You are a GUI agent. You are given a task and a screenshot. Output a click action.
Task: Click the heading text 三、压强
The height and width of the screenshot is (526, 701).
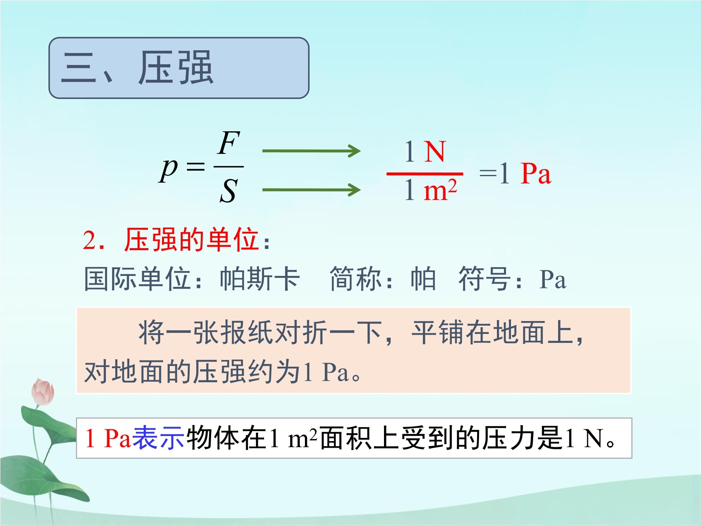137,68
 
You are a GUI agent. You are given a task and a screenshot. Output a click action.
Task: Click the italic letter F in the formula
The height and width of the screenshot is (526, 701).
229,143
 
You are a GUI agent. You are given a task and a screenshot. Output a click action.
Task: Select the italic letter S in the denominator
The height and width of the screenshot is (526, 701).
229,191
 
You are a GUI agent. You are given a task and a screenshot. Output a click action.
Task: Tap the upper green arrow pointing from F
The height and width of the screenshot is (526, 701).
312,151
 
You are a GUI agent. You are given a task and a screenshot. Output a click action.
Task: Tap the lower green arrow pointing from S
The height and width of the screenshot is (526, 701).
312,190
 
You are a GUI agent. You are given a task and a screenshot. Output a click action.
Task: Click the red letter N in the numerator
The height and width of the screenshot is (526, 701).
435,152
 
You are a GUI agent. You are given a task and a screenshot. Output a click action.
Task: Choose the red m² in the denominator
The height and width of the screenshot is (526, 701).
440,190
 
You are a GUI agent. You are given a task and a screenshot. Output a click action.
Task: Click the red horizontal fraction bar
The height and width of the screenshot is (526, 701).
425,174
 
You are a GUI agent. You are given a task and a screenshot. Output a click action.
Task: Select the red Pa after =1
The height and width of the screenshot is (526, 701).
536,173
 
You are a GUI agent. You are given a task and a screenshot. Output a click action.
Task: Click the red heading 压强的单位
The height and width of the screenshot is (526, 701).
192,239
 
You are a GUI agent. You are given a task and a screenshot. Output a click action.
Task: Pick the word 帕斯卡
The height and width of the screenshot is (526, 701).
260,279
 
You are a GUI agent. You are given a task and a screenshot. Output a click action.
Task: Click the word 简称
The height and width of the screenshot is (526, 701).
356,279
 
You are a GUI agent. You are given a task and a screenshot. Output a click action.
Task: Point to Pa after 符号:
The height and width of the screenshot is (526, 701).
552,280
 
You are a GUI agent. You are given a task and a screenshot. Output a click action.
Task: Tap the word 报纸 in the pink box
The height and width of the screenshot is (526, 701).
247,333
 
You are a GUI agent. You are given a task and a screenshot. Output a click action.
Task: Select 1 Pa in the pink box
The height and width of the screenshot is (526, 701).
326,372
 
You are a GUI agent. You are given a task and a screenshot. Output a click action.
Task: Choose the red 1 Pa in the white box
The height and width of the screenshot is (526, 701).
108,438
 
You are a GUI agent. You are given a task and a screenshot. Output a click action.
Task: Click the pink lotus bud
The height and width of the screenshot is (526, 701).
43,392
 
